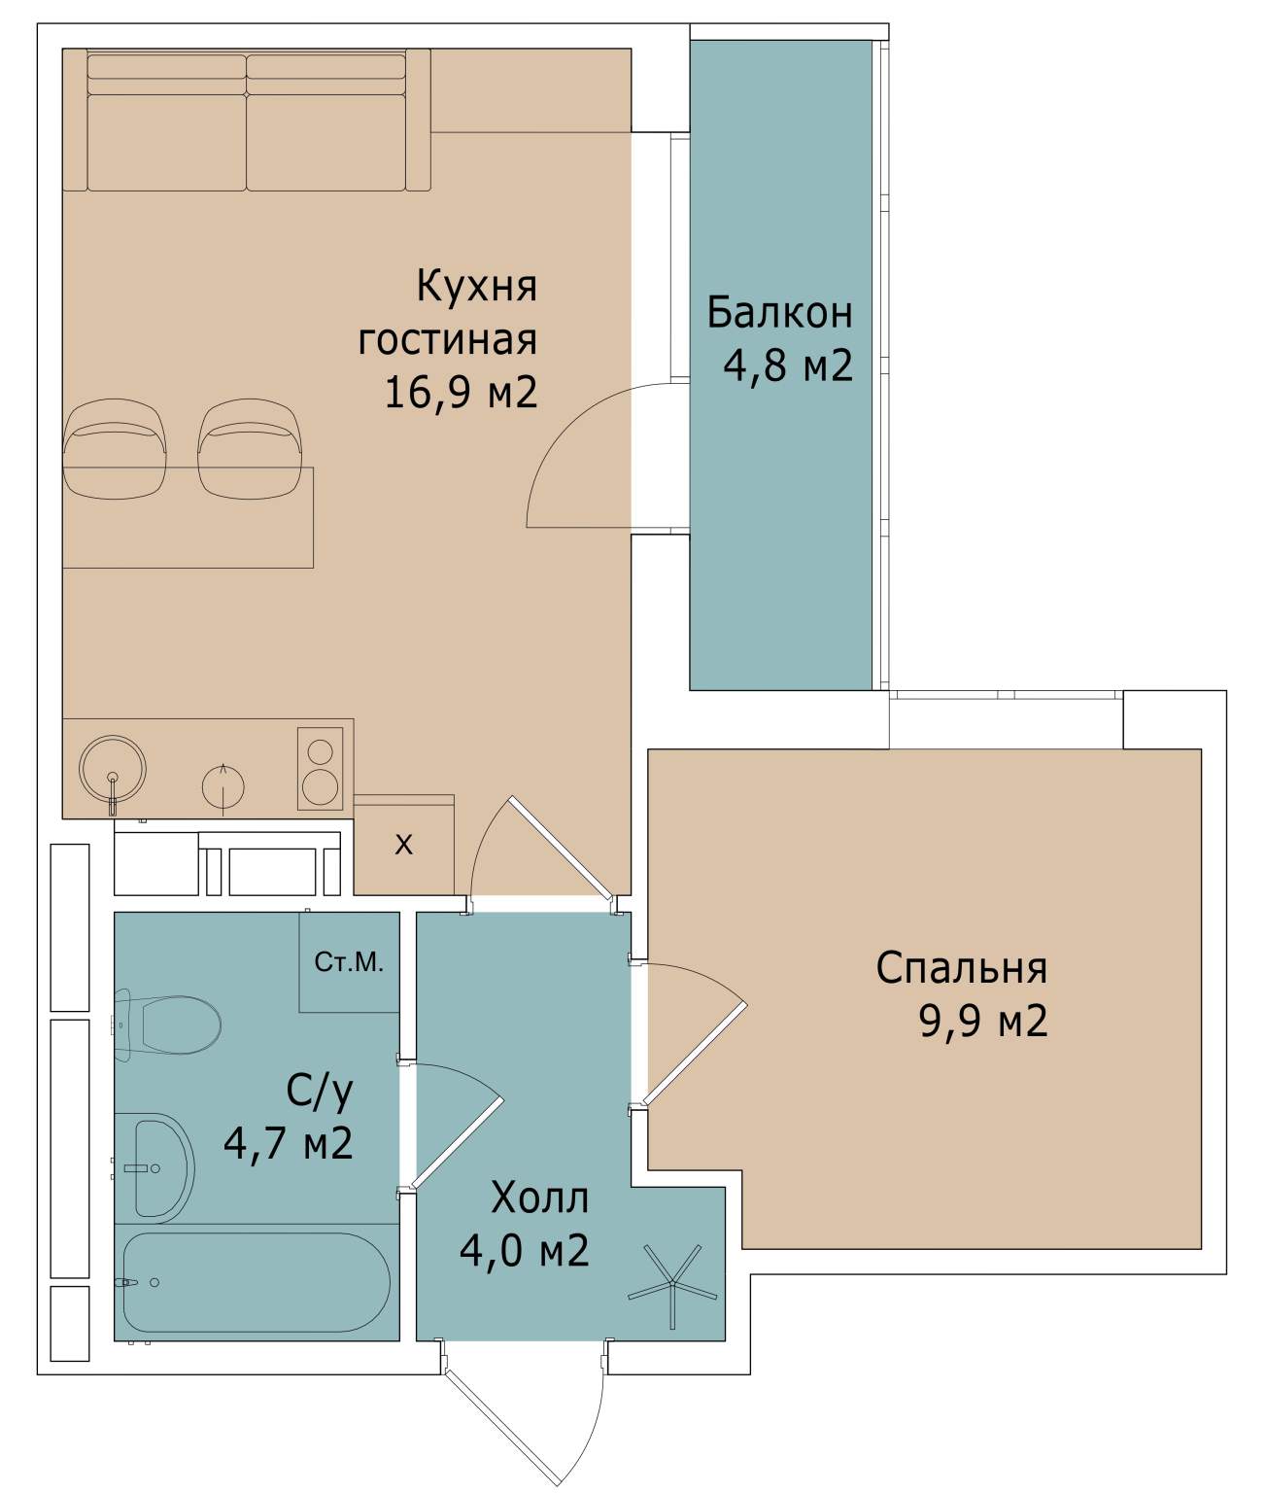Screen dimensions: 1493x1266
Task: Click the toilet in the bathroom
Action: tap(175, 1024)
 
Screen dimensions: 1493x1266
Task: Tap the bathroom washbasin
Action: tap(161, 1168)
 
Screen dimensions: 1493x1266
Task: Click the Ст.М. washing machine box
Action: tap(349, 962)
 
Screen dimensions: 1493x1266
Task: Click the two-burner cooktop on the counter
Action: tap(320, 768)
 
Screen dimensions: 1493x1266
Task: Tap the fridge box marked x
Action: tap(403, 845)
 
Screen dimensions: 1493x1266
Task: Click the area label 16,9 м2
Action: tap(461, 393)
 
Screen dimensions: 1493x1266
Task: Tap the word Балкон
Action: tap(779, 313)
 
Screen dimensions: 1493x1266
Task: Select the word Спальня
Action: tap(961, 968)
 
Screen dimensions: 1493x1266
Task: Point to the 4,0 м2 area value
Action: tap(524, 1250)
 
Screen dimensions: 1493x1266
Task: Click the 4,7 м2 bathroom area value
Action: tap(288, 1144)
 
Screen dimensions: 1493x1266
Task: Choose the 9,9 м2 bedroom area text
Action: tap(983, 1022)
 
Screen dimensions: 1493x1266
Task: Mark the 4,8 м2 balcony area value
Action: tap(788, 365)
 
